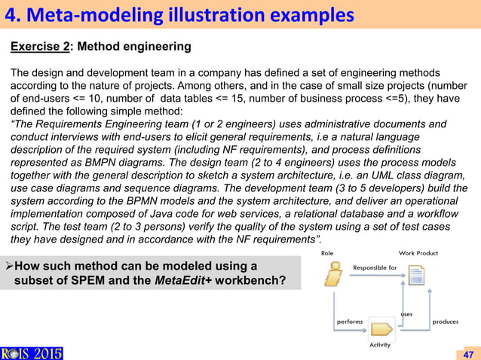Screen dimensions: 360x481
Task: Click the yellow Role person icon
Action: point(332,276)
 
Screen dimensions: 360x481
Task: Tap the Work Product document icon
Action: point(417,276)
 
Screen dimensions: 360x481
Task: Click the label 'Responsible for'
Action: point(374,267)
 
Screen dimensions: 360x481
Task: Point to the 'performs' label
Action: point(349,322)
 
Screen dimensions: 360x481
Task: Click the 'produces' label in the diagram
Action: point(445,322)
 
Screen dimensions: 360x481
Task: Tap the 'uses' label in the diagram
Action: point(406,314)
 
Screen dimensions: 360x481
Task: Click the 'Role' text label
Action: point(327,253)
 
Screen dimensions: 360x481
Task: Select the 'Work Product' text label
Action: point(418,253)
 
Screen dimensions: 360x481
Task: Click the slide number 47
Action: point(468,353)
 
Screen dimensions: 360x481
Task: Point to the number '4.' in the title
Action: point(14,14)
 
